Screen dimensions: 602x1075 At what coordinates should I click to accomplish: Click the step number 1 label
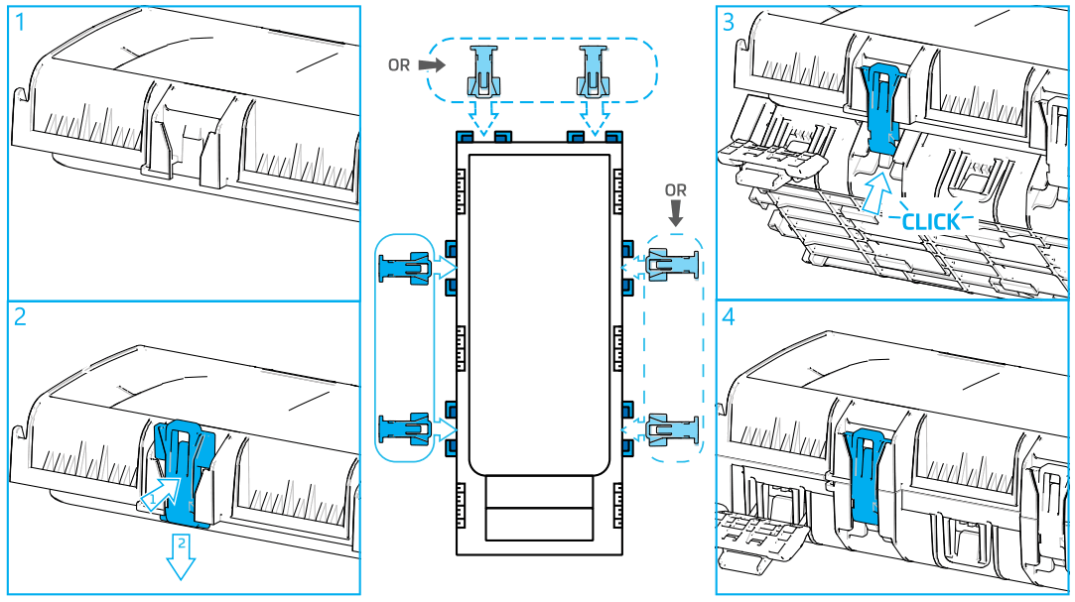19,23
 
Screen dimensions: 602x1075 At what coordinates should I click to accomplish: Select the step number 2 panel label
21,317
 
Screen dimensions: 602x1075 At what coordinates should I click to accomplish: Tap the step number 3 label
729,22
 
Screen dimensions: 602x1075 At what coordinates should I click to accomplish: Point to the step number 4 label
730,319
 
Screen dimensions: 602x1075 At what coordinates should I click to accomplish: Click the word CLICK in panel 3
930,221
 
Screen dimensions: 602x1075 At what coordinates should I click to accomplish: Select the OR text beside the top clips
399,65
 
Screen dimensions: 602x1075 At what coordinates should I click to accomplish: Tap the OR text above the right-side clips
676,189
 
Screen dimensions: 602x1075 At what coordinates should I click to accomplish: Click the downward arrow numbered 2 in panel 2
181,557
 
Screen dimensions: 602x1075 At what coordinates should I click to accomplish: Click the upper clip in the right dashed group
673,267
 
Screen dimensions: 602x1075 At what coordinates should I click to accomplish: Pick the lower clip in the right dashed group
673,428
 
